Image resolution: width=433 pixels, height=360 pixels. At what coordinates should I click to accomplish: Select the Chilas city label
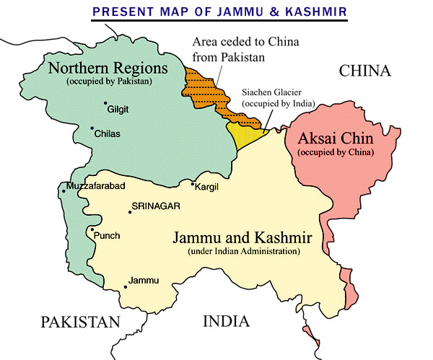pyautogui.click(x=106, y=134)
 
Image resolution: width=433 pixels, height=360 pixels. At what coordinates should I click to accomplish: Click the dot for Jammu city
pyautogui.click(x=126, y=286)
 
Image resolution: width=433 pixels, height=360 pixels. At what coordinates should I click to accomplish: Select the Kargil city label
pyautogui.click(x=206, y=187)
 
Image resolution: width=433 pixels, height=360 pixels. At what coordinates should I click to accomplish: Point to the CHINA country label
pyautogui.click(x=364, y=71)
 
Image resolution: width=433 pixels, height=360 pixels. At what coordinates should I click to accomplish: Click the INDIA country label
pyautogui.click(x=225, y=321)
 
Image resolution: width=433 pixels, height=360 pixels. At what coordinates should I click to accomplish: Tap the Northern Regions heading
pyautogui.click(x=117, y=69)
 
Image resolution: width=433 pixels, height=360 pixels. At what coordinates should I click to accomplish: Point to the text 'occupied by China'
pyautogui.click(x=336, y=152)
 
